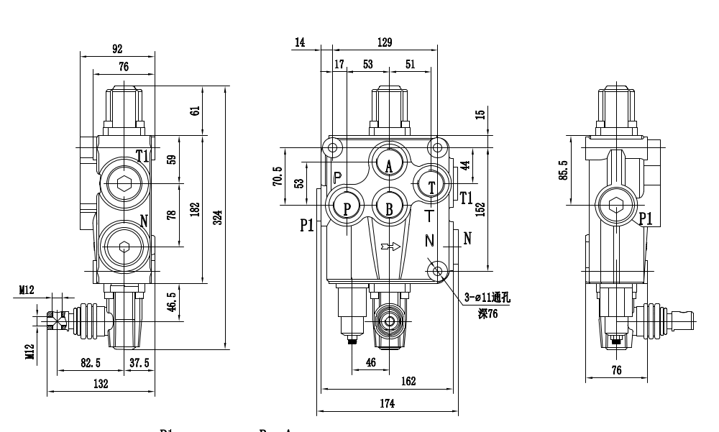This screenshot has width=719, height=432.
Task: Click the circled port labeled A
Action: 389,165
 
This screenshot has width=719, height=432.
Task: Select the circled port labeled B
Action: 389,208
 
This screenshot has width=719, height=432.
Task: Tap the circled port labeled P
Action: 347,208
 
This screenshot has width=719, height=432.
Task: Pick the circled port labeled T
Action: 431,186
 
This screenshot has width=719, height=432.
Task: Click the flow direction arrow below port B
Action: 392,247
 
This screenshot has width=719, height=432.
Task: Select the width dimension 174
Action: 387,404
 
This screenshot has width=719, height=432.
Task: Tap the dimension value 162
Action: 408,382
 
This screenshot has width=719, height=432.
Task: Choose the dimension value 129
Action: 385,43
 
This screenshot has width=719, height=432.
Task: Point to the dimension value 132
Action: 101,384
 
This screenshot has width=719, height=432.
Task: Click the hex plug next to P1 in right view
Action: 616,206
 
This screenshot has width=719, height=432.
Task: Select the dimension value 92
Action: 117,49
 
